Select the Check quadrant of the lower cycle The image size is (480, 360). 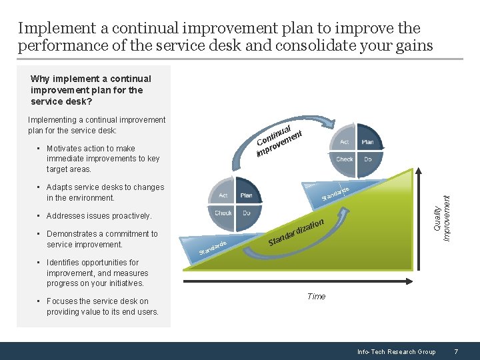tap(223, 213)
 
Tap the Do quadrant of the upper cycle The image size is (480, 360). tap(367, 159)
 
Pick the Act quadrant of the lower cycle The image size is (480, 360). tap(223, 195)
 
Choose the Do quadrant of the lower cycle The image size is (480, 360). tap(246, 213)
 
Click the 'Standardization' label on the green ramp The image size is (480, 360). tap(296, 231)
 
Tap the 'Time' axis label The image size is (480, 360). tap(317, 297)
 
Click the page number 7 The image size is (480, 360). tap(455, 351)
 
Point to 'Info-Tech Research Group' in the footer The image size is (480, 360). tap(396, 351)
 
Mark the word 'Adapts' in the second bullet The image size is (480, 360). tap(60, 187)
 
